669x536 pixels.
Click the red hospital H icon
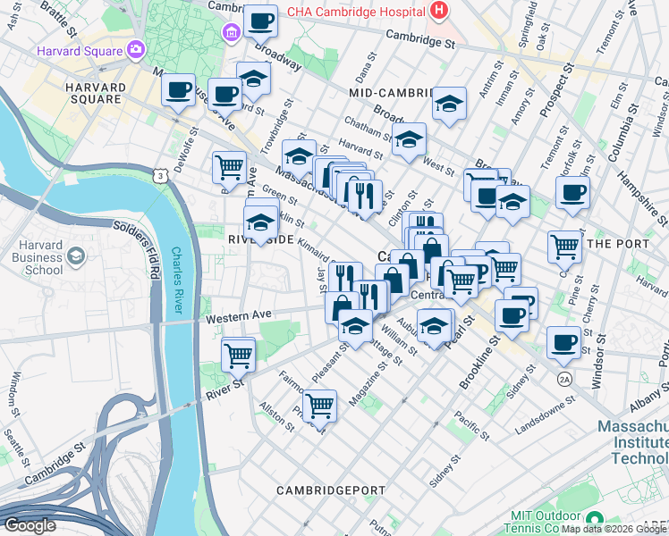[438, 11]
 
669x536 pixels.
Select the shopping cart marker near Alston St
[319, 406]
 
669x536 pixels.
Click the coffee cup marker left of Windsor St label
[564, 342]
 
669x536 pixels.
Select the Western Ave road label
[238, 316]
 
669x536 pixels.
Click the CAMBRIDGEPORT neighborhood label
[330, 490]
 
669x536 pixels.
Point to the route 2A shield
[564, 379]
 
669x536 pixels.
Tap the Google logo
[30, 525]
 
